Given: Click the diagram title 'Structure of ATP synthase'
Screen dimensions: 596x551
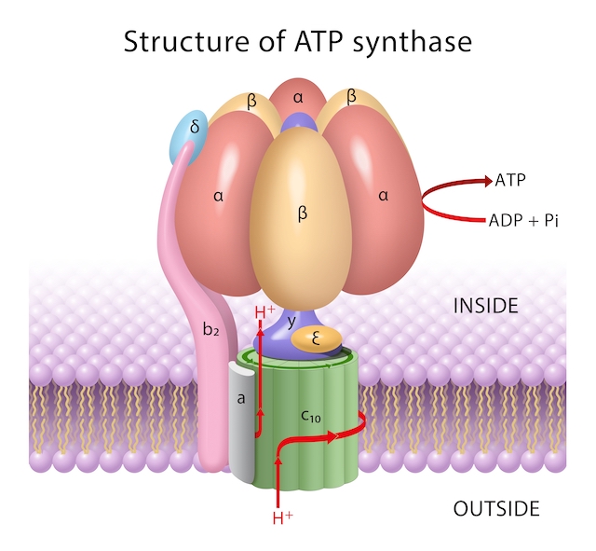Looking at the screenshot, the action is (298, 41).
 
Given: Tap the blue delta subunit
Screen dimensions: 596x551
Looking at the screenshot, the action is (188, 137).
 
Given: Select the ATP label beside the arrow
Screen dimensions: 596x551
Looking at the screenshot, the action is (510, 180).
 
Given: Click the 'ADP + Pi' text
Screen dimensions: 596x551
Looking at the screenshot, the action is (523, 220).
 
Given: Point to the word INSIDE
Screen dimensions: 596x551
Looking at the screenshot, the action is (486, 306).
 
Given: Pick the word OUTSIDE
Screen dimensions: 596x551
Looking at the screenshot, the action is (496, 508).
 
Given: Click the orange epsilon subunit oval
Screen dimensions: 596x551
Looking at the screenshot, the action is (317, 339).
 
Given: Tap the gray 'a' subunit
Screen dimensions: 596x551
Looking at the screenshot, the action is (242, 421).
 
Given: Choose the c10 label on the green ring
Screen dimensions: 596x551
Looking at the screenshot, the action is (311, 416).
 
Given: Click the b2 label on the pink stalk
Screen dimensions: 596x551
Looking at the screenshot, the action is (210, 329).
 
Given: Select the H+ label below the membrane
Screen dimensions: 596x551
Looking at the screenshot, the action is (283, 517).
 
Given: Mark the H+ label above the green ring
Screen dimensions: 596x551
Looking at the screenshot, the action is (264, 312).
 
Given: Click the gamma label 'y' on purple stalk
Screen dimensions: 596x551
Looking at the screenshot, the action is (291, 322).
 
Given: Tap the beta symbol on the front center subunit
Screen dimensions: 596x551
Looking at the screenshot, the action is (302, 214).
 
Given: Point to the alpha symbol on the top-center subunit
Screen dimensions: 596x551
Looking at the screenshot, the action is (298, 98).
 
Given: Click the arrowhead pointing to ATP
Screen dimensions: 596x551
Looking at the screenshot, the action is (489, 181).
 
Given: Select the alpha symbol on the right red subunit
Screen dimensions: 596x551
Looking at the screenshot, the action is (383, 196).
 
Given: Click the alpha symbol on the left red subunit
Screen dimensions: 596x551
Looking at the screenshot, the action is (218, 197).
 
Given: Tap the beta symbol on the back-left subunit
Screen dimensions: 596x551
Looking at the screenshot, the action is (251, 102).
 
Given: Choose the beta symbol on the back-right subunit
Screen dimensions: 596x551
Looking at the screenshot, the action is (352, 97).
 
